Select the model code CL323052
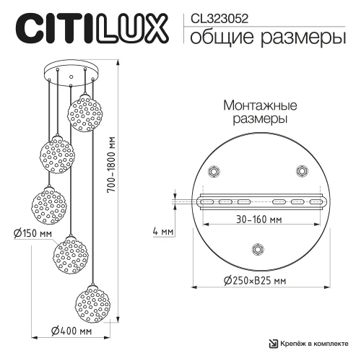click(x=217, y=12)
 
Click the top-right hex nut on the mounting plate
click(x=300, y=171)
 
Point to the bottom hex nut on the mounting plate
click(x=256, y=248)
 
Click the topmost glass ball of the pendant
click(x=83, y=110)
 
